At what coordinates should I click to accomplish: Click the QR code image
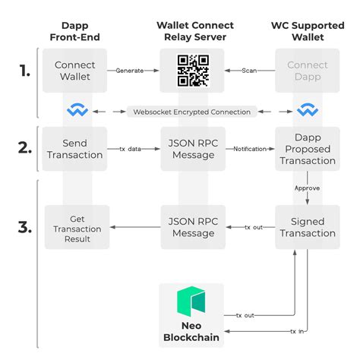(x=192, y=71)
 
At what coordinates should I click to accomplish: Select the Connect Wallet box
(x=75, y=71)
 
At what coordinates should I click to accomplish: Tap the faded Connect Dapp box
(x=308, y=71)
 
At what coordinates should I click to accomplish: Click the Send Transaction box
(x=75, y=148)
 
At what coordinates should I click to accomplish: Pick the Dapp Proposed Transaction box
(x=308, y=149)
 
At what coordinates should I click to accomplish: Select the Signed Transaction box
(x=308, y=227)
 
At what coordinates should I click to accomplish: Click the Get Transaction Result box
(x=75, y=227)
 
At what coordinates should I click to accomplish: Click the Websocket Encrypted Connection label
(x=191, y=112)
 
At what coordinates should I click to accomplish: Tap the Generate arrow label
(x=131, y=71)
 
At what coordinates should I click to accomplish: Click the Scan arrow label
(x=250, y=71)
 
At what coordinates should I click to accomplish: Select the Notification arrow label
(x=250, y=148)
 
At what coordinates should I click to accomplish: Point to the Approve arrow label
(x=307, y=186)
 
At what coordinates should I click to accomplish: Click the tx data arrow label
(x=131, y=148)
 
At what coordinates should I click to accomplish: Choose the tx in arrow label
(x=298, y=331)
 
